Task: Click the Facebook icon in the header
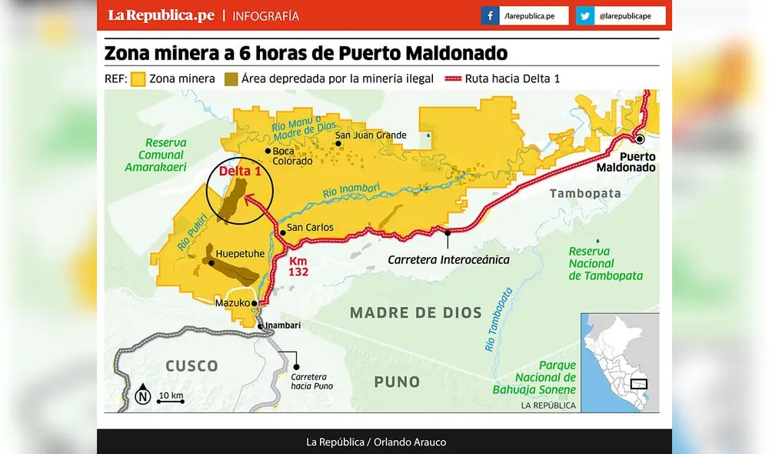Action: tap(490, 15)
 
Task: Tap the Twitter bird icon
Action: tap(585, 15)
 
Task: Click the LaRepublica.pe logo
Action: tap(160, 15)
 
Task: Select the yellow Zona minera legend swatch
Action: tap(138, 78)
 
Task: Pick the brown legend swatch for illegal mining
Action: tap(231, 78)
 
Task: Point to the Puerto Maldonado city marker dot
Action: tap(639, 139)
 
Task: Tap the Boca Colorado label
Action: tap(292, 156)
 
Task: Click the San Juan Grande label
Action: tap(371, 136)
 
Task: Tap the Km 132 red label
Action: tap(299, 267)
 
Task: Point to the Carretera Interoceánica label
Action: tap(448, 259)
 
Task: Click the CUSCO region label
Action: tap(191, 366)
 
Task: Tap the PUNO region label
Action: tap(397, 382)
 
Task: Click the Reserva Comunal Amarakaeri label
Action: tap(156, 154)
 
